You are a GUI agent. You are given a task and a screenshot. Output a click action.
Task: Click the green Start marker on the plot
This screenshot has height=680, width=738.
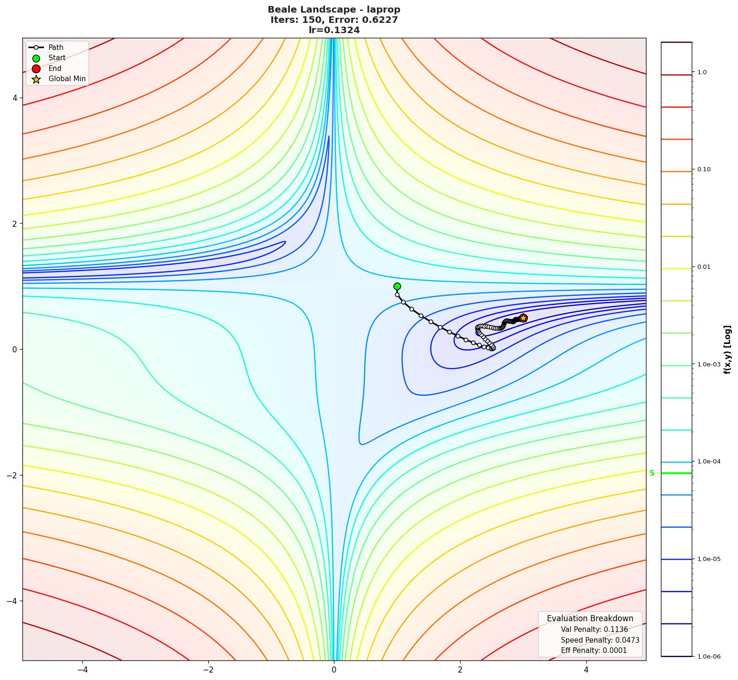point(397,286)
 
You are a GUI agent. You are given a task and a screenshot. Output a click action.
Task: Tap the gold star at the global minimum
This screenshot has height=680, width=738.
point(523,318)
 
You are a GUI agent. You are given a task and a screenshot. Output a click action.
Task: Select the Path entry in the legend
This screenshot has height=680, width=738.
point(56,47)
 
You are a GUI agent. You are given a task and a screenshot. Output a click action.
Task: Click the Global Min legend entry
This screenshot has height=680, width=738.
point(67,79)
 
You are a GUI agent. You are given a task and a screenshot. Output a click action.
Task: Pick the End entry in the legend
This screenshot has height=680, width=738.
point(55,68)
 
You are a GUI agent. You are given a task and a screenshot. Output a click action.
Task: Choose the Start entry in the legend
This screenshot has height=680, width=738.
point(57,58)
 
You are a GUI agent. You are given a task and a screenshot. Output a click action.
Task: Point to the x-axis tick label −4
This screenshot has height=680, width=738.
point(82,670)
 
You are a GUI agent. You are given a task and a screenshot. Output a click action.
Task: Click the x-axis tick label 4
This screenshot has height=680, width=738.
point(586,670)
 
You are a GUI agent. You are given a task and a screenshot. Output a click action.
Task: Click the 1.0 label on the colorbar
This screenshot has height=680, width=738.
point(702,72)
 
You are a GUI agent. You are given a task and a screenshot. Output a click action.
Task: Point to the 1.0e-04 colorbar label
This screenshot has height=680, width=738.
point(709,462)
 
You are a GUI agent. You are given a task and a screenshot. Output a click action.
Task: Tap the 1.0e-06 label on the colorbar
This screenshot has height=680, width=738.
point(709,657)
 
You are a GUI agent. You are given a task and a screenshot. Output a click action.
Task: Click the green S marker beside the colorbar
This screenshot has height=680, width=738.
point(652,473)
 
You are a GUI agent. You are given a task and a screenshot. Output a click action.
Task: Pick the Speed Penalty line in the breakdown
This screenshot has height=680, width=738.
point(600,640)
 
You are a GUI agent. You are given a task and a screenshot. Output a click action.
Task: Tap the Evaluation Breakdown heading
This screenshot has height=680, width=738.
point(590,618)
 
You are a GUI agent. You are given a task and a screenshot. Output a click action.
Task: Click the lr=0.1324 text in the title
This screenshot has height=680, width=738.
point(334,30)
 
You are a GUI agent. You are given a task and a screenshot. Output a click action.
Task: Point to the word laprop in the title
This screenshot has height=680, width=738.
point(383,9)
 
